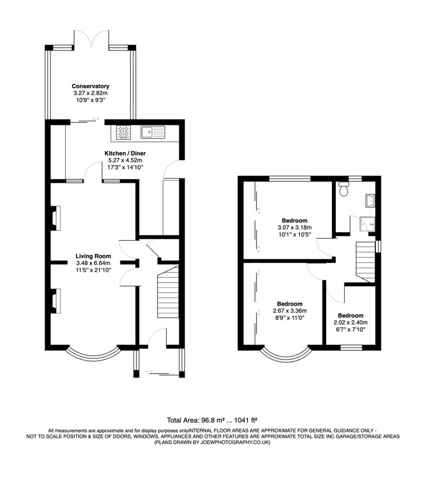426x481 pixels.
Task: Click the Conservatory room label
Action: point(90,86)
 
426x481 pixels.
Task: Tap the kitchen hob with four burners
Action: point(123,132)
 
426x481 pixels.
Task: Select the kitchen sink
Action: point(152,132)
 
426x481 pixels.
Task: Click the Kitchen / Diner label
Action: point(125,153)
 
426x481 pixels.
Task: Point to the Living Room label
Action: point(93,256)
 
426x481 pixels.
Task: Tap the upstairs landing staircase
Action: point(365,261)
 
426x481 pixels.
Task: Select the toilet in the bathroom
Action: point(344,188)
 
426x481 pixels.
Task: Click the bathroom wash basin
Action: point(371,201)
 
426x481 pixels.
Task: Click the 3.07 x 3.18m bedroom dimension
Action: point(294,227)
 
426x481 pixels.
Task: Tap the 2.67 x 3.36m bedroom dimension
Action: point(290,311)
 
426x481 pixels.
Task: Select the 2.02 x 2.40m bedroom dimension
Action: point(350,323)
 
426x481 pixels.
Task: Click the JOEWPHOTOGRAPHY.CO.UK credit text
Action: point(212,442)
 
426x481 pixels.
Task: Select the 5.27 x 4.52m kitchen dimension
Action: point(125,160)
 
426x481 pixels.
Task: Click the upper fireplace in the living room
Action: point(55,218)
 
